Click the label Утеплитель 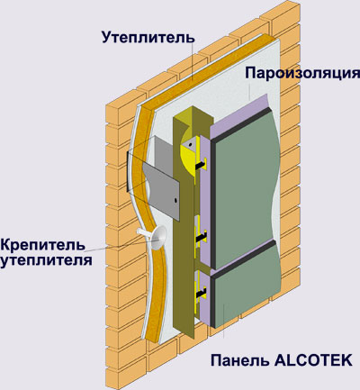click(x=148, y=37)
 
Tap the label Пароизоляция click(x=302, y=73)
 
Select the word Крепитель click(x=42, y=245)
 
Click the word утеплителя click(x=46, y=260)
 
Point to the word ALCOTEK click(x=313, y=360)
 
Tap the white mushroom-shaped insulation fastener click(x=155, y=237)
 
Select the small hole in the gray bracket click(x=175, y=200)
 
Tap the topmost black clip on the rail click(x=202, y=165)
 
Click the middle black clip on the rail click(x=202, y=236)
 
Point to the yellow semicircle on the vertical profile click(x=186, y=156)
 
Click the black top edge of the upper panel click(x=240, y=123)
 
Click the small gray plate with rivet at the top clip click(x=190, y=145)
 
